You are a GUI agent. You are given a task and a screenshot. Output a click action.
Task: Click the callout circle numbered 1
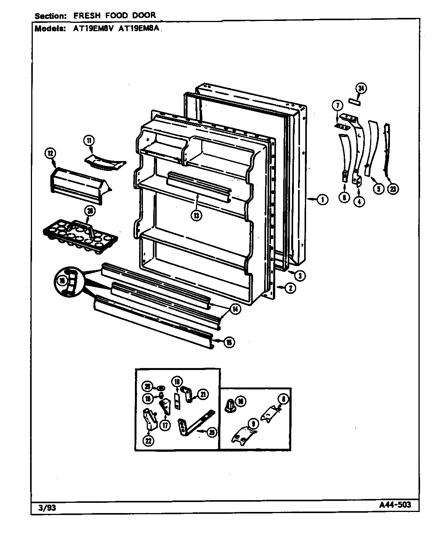(x=322, y=199)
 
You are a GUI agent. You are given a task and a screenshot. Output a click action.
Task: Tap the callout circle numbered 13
(x=197, y=215)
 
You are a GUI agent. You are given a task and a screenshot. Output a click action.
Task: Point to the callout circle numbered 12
(x=50, y=154)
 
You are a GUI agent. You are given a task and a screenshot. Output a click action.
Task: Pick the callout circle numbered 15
(x=229, y=343)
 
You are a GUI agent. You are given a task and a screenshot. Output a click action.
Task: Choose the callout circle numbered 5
(x=378, y=188)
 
